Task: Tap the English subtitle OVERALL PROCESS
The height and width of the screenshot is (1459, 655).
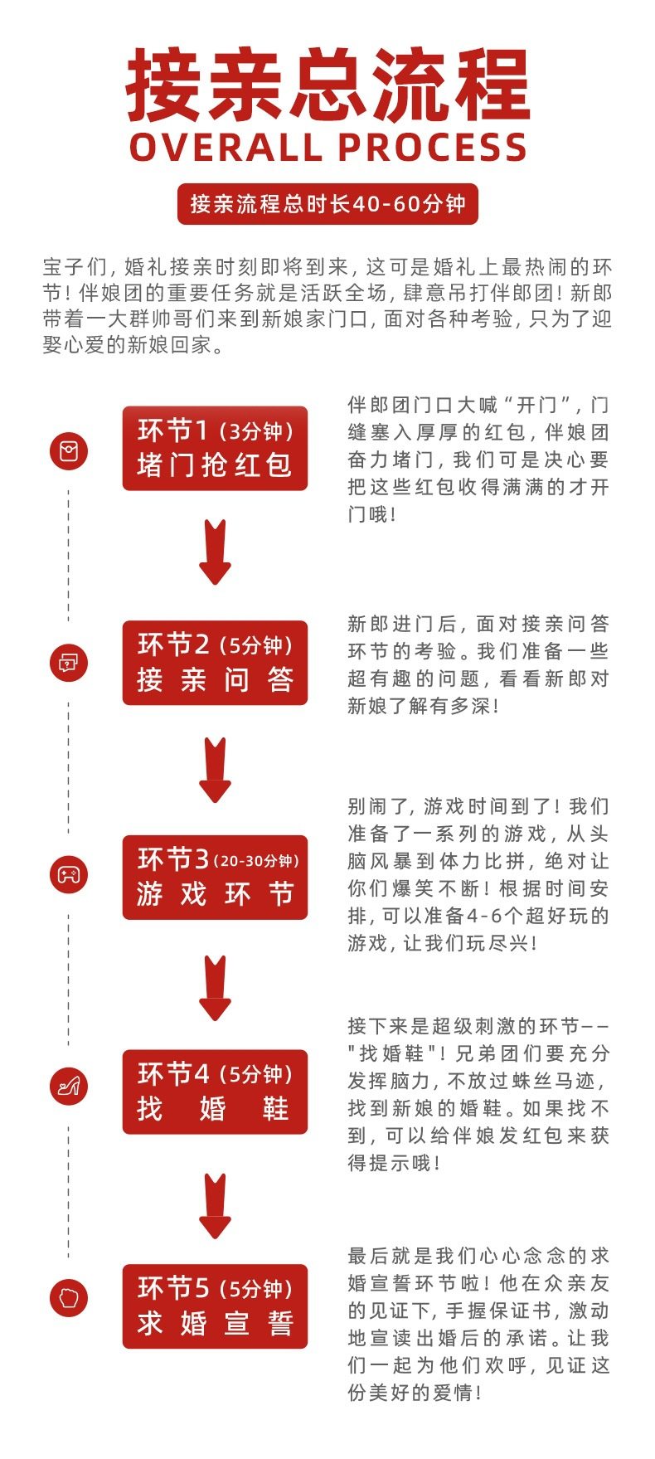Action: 327,148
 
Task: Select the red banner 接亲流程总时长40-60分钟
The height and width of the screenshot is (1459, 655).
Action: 327,204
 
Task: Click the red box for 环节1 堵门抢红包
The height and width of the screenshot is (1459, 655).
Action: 215,448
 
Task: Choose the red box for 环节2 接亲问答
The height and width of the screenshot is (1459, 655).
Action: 215,663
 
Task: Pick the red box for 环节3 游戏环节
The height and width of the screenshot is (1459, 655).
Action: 215,878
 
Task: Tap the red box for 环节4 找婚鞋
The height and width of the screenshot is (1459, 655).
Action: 215,1092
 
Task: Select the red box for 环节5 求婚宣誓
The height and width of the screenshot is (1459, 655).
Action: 215,1306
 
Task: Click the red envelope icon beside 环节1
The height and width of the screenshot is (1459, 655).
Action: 69,451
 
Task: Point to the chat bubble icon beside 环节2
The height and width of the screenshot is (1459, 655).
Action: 69,663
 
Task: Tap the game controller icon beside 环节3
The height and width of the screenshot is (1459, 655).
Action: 69,874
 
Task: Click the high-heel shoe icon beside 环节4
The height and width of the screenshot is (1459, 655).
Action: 69,1087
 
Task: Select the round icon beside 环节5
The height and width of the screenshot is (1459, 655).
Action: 69,1298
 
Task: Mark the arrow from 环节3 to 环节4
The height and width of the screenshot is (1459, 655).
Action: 215,988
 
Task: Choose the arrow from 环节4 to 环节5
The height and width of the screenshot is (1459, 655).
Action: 215,1206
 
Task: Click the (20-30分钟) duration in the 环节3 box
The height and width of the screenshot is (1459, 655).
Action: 256,861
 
